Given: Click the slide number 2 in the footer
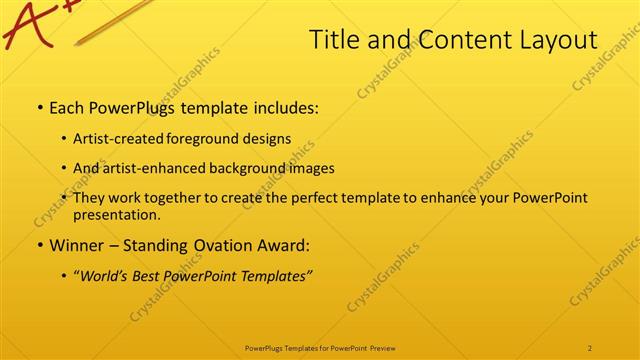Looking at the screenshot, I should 590,347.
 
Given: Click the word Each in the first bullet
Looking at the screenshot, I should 67,107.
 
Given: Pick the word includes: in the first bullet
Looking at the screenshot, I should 283,107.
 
